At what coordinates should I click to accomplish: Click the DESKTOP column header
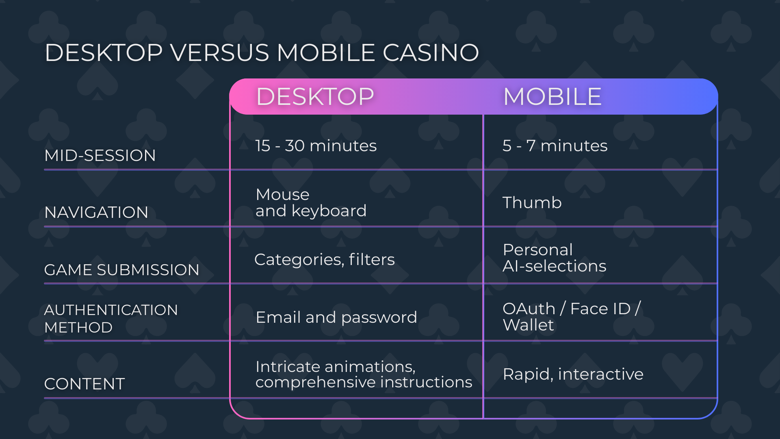point(315,97)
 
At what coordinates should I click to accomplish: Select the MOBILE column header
point(552,97)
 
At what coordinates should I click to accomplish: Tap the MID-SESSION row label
point(100,155)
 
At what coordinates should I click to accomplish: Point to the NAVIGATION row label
point(96,212)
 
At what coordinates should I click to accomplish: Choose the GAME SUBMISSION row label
point(121,269)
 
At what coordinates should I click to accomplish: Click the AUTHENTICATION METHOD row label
point(111,318)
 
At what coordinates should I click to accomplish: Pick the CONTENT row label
point(84,384)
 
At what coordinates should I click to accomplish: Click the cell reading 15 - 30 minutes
point(316,146)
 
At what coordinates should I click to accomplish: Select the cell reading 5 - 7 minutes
point(555,146)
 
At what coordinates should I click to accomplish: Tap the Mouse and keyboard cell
point(311,202)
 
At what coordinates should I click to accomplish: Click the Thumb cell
point(532,202)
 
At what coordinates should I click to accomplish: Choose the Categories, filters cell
point(325,259)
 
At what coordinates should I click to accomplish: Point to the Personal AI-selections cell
point(555,258)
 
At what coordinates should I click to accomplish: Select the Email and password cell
point(336,317)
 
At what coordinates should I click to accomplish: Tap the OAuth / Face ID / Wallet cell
point(572,317)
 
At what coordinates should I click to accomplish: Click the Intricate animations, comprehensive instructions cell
point(364,374)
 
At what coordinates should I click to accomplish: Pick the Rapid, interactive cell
point(573,374)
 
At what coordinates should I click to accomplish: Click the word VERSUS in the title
point(219,53)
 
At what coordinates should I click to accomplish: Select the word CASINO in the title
point(431,53)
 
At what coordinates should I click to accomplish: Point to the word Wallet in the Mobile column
point(528,325)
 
